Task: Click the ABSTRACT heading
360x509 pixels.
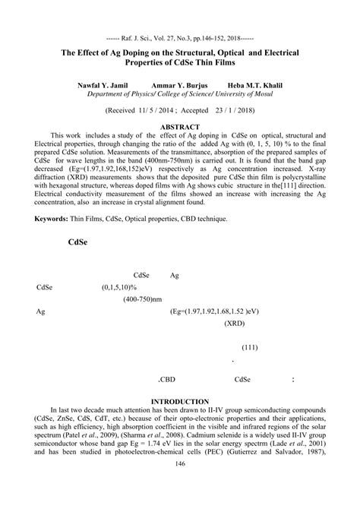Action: [180, 127]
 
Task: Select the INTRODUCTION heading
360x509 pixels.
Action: [180, 400]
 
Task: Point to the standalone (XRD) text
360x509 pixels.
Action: [234, 323]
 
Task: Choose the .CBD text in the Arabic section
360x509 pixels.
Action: [166, 380]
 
